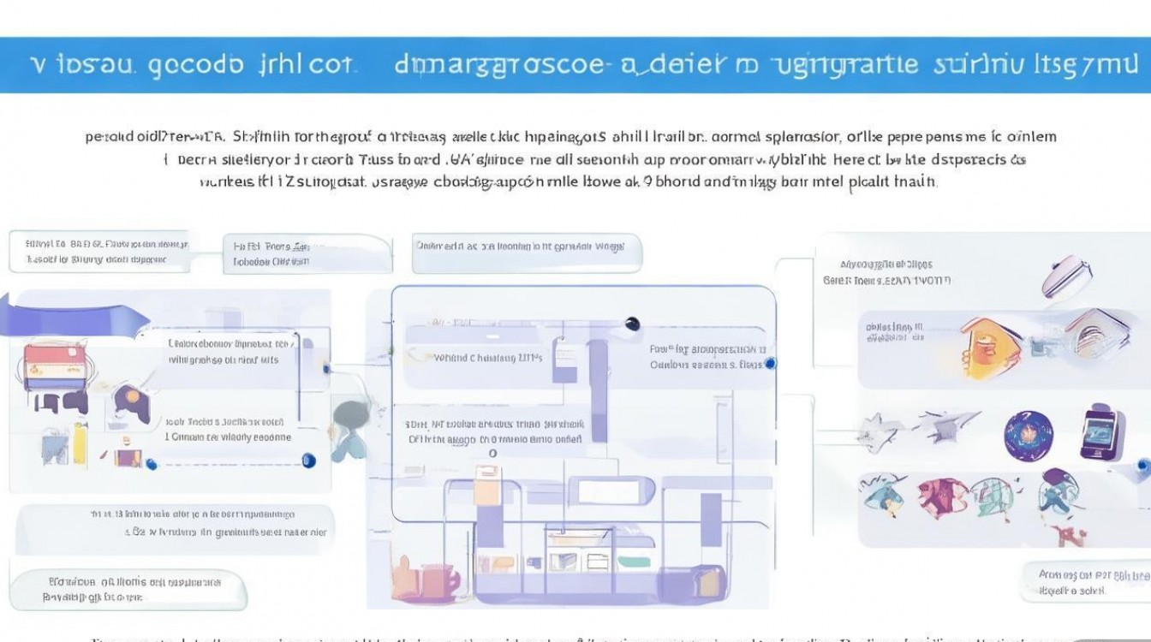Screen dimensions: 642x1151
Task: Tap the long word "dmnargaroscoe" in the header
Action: click(x=498, y=65)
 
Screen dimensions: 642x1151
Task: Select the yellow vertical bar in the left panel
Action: click(x=80, y=440)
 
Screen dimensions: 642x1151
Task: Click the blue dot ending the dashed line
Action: click(x=309, y=461)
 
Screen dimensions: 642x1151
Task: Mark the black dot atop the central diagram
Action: click(x=632, y=324)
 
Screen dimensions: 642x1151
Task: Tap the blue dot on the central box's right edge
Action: click(x=770, y=364)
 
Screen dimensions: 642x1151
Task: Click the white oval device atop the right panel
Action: click(x=1067, y=276)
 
